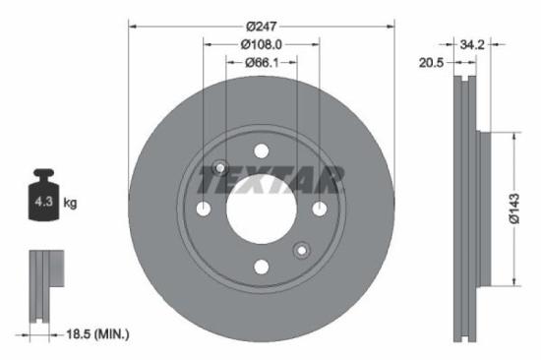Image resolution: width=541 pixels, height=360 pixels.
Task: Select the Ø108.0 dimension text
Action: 261,43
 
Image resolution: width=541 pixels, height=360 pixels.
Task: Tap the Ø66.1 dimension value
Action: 261,63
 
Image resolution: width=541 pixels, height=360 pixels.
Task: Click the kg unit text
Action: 70,203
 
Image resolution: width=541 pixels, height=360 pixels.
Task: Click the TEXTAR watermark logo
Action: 270,181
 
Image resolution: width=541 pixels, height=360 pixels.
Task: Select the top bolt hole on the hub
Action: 261,150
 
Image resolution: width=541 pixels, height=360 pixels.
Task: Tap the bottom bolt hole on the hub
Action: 261,267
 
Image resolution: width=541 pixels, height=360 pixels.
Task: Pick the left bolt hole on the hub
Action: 204,209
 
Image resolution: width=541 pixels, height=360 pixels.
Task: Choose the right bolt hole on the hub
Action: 319,209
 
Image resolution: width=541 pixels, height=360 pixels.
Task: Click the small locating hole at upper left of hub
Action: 220,167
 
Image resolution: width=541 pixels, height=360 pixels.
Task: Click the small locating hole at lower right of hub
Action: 301,250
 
